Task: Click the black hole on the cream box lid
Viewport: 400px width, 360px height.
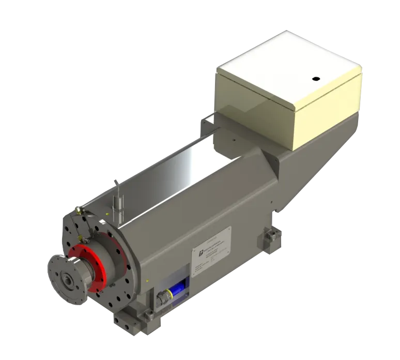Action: [314, 79]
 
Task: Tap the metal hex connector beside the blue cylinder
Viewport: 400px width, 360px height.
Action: [162, 298]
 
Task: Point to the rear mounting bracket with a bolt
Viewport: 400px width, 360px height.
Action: [270, 239]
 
